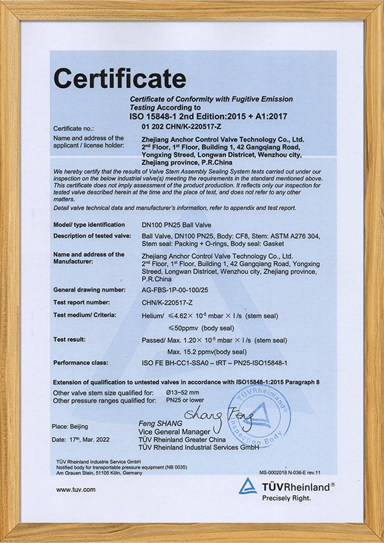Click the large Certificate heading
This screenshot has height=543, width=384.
coord(120,79)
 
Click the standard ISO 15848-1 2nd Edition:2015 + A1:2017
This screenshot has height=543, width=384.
coord(218,118)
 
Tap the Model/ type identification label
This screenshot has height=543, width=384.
coord(89,225)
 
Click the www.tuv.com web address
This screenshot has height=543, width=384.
coord(76,490)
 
